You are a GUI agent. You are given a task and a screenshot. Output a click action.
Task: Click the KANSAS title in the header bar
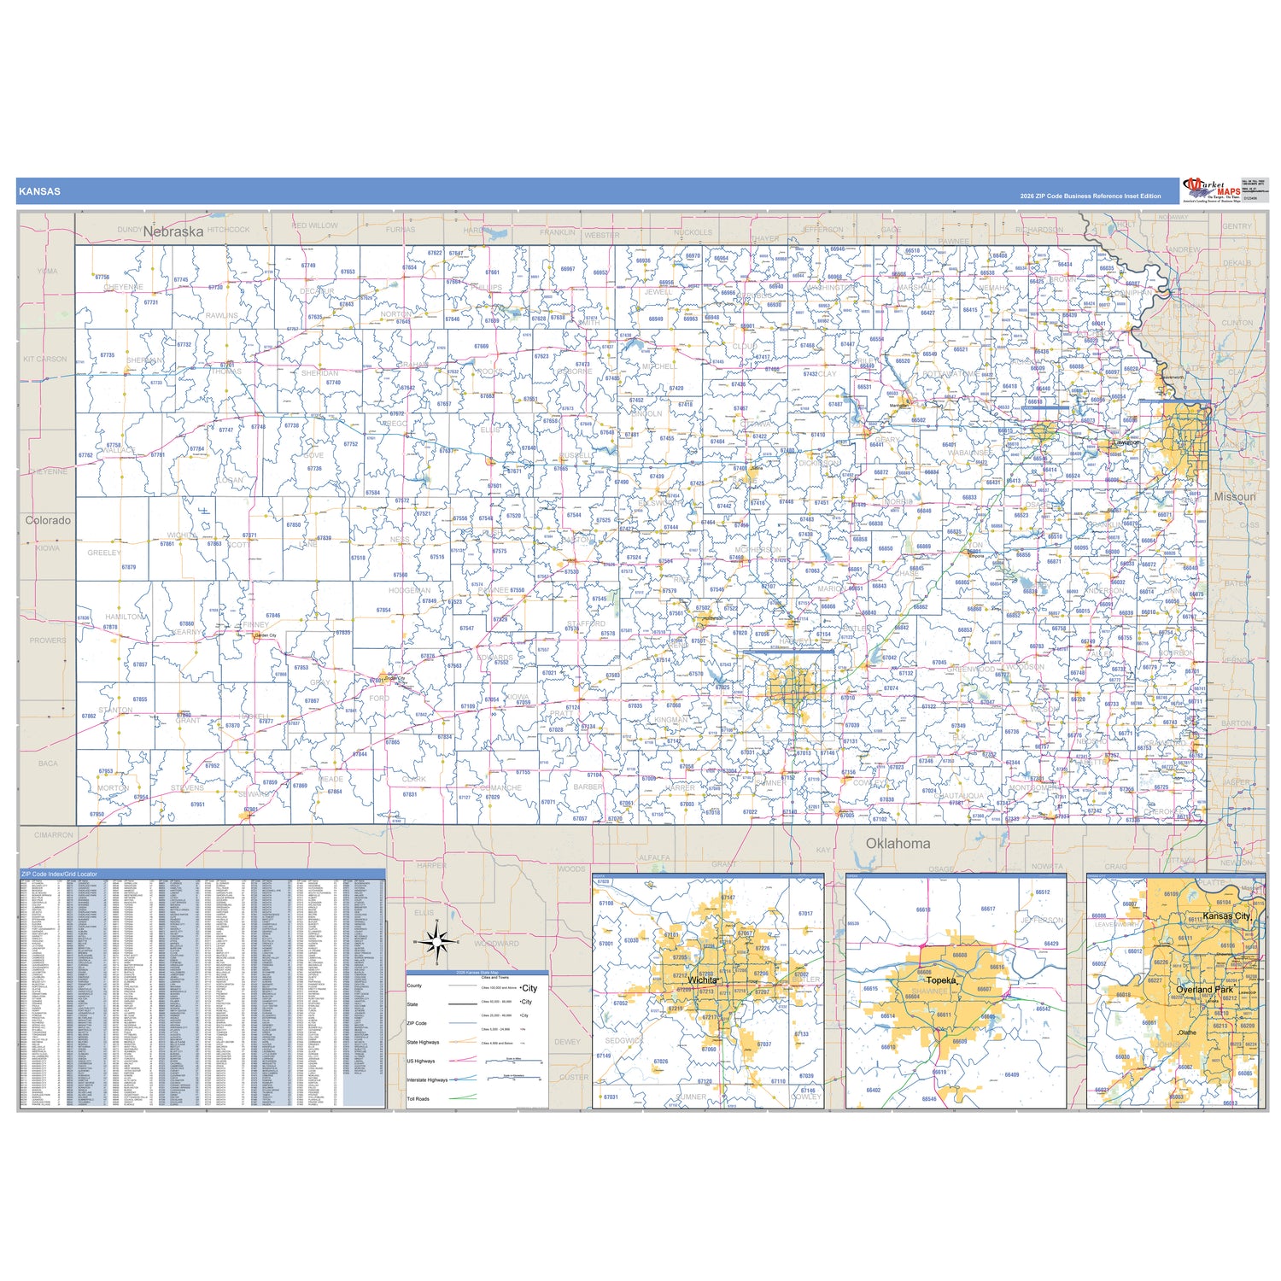click(40, 191)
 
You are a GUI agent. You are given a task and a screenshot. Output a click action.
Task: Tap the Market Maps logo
click(1211, 190)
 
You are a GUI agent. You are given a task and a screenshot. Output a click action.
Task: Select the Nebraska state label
click(173, 231)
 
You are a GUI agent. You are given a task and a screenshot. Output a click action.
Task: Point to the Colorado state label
click(49, 520)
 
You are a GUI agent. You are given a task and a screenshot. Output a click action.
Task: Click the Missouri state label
click(1235, 496)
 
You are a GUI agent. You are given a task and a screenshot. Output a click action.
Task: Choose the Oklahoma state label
click(898, 843)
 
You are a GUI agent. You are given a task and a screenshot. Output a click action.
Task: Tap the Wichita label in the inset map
click(703, 980)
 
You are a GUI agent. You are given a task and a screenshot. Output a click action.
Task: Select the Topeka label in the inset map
click(940, 980)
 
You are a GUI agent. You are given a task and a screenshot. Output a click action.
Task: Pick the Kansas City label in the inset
click(1226, 915)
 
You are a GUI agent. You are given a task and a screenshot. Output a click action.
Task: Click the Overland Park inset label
click(1204, 990)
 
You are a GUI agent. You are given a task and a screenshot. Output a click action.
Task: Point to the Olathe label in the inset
click(1188, 1032)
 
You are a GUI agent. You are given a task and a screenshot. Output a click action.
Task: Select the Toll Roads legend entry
click(418, 1099)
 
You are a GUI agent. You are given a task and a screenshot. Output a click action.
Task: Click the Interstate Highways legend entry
click(427, 1080)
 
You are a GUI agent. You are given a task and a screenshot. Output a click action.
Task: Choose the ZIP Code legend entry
click(417, 1023)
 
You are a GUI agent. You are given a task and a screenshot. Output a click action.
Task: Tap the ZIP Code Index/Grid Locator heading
click(60, 874)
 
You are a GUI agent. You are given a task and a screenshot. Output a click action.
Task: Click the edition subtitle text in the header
click(1090, 196)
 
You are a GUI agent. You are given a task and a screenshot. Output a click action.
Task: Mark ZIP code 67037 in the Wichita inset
click(764, 1044)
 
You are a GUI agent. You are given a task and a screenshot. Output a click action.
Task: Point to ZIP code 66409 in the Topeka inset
click(1012, 1075)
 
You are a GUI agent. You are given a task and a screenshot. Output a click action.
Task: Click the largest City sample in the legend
click(529, 988)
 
